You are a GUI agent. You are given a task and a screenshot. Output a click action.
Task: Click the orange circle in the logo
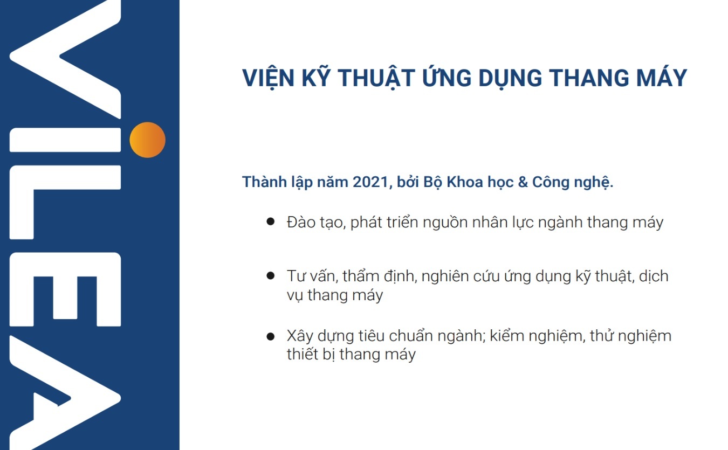click(x=148, y=140)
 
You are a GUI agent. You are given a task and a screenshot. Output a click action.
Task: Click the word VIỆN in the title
click(x=269, y=78)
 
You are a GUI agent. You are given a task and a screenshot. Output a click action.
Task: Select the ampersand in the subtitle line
click(x=523, y=182)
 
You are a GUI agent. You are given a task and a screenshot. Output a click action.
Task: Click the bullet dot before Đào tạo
click(x=270, y=221)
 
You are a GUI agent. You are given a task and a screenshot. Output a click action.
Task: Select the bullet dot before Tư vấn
click(x=270, y=276)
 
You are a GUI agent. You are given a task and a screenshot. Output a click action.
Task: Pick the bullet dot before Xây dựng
click(x=270, y=336)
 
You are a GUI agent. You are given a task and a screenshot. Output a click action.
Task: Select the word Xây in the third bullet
click(x=300, y=336)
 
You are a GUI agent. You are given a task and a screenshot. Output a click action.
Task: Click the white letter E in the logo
click(x=65, y=289)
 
